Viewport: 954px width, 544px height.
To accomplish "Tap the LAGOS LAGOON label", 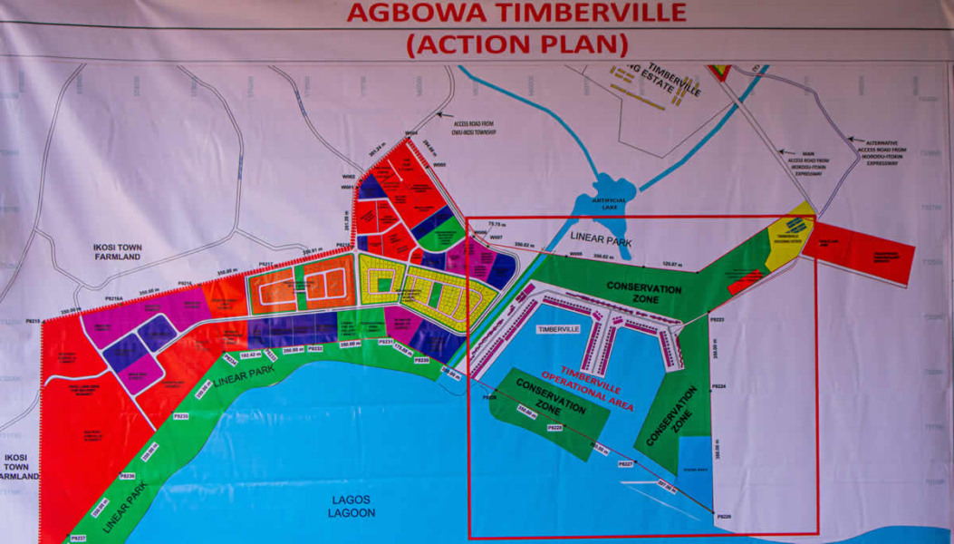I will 352,506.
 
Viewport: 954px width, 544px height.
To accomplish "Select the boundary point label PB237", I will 79,538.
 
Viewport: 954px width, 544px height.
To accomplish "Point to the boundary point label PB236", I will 128,475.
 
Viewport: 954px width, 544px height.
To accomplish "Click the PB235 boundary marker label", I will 180,416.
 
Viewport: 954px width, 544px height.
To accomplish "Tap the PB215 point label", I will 34,321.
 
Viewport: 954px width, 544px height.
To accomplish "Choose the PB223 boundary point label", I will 717,320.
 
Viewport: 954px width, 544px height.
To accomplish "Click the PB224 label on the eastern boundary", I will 718,386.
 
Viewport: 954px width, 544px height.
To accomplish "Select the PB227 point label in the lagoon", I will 625,463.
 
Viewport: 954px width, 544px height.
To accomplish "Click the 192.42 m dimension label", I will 250,355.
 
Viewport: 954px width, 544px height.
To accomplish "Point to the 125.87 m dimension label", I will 671,265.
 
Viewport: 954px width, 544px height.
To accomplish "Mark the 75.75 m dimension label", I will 496,224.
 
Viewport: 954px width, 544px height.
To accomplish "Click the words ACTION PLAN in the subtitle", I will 517,44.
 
